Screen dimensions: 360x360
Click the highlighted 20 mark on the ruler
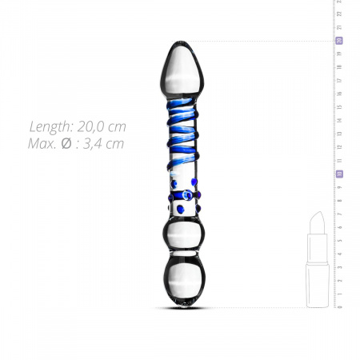click(339, 41)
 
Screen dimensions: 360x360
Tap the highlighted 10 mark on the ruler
click(339, 174)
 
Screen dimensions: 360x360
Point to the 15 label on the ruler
click(339, 107)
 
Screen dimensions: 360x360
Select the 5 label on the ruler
click(339, 240)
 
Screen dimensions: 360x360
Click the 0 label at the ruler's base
click(339, 306)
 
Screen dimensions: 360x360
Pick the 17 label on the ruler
click(339, 81)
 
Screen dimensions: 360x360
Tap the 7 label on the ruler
click(339, 214)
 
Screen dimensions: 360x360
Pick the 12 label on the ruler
click(339, 147)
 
